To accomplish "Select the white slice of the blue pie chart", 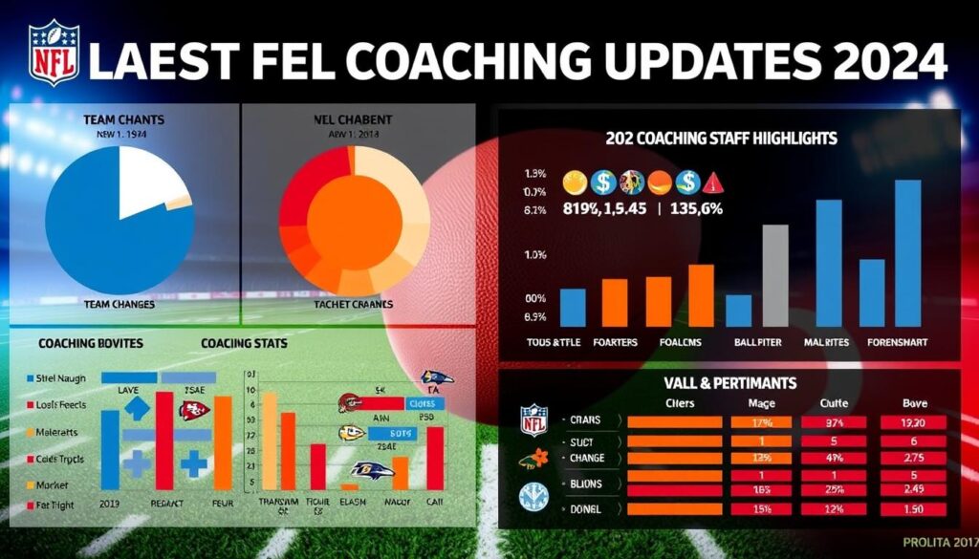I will pyautogui.click(x=147, y=182).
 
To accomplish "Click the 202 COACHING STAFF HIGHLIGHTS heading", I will pyautogui.click(x=721, y=139).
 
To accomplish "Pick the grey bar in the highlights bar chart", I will pyautogui.click(x=774, y=275).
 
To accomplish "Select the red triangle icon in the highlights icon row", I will pyautogui.click(x=713, y=183).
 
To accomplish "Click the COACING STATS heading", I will pyautogui.click(x=244, y=342).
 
